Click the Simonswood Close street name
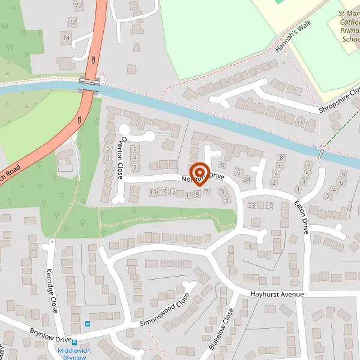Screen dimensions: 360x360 click(164, 310)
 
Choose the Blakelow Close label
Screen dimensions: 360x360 click(220, 329)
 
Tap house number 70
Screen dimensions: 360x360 click(78, 5)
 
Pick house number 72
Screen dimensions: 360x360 click(73, 22)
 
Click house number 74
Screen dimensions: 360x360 click(66, 38)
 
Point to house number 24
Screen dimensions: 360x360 click(246, 179)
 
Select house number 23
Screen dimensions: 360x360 click(251, 206)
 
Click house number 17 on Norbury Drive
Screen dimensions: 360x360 click(163, 192)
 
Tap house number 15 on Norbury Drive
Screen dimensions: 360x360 click(173, 192)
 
